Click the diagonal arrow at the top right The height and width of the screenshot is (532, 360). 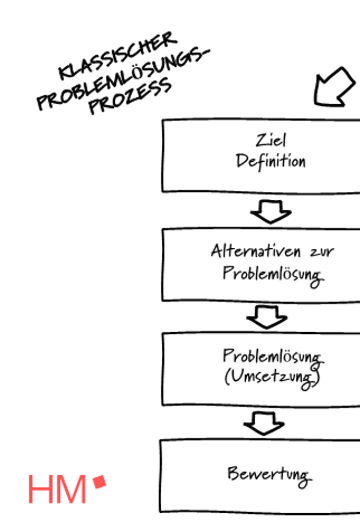coord(334,87)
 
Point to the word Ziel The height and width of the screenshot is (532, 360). coord(271,140)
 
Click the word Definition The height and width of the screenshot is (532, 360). coord(271,161)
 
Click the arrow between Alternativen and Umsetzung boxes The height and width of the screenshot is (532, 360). coord(267,317)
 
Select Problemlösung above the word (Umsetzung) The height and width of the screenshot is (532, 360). coord(272,357)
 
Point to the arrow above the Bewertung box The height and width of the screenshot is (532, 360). coord(264,422)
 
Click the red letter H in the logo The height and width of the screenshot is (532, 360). coord(40,489)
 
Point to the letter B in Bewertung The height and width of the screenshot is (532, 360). coord(232,473)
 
